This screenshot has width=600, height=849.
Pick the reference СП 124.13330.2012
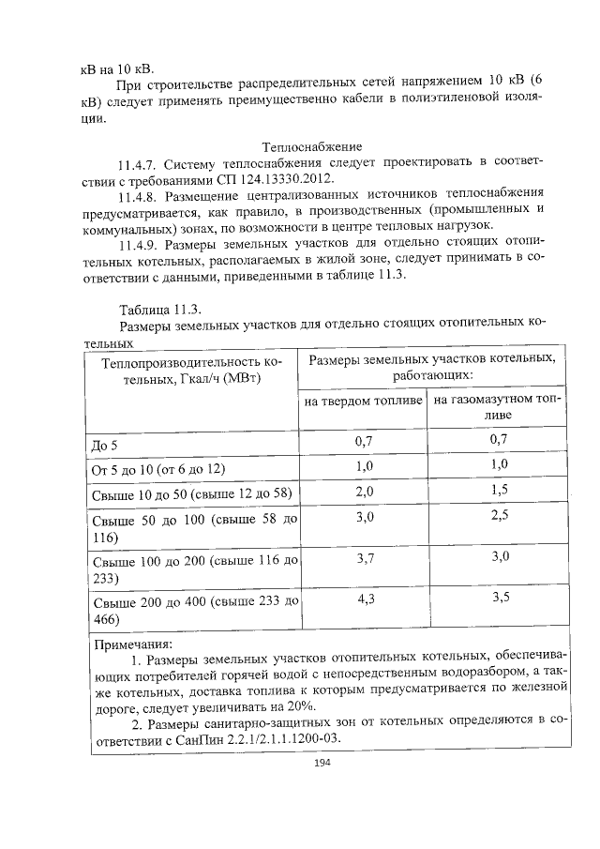pos(274,180)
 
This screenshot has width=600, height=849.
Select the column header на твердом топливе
pos(364,402)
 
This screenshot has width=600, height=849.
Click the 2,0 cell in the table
pos(364,491)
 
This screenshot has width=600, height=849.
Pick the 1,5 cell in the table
pos(499,491)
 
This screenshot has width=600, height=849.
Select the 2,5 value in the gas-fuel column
pos(499,517)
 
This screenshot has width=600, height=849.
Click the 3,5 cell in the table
pos(499,598)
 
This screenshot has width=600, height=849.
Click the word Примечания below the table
pos(134,645)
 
